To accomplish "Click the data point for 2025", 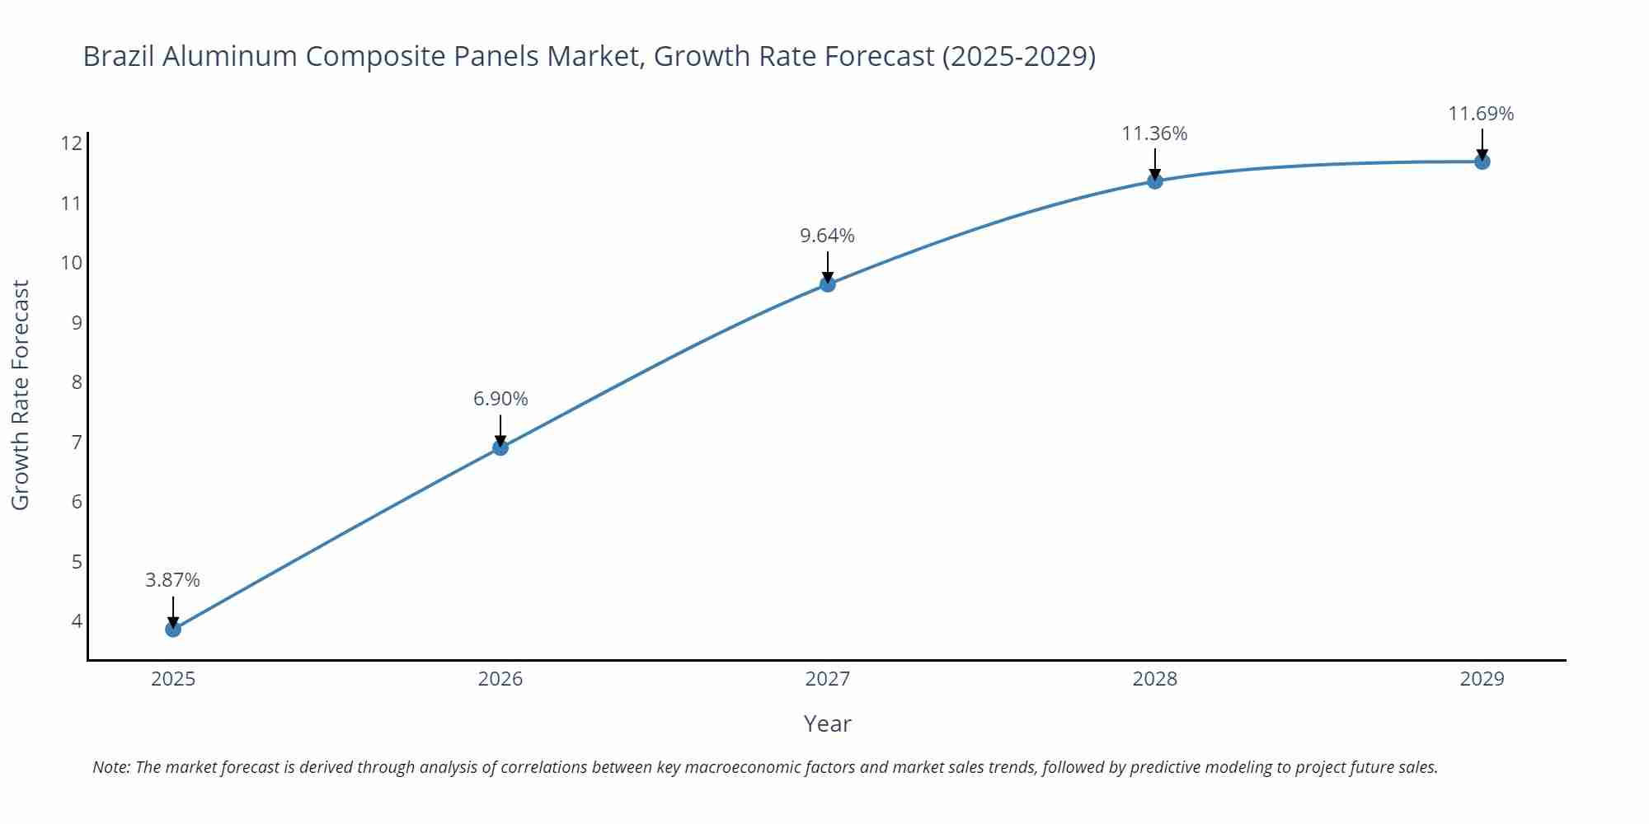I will [x=173, y=629].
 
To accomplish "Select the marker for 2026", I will [x=500, y=447].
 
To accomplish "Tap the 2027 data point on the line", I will [x=828, y=284].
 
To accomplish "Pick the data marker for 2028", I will [x=1155, y=181].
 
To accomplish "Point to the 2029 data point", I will [x=1482, y=162].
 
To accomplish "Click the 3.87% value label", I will [x=173, y=580].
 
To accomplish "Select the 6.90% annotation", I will [x=500, y=399].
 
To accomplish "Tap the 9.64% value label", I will [x=828, y=236].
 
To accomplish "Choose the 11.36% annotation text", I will [x=1154, y=133].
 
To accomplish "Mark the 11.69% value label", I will [x=1481, y=114].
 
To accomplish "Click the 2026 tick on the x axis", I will [x=500, y=679].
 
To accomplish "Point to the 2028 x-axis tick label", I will [x=1155, y=679].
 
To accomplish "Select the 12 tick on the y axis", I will [x=72, y=143].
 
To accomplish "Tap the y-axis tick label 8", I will [x=77, y=382].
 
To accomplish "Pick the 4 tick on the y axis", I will [x=77, y=621].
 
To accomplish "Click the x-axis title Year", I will [x=827, y=724].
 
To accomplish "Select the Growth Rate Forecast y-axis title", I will [x=21, y=395].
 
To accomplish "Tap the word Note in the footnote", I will [x=110, y=767].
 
